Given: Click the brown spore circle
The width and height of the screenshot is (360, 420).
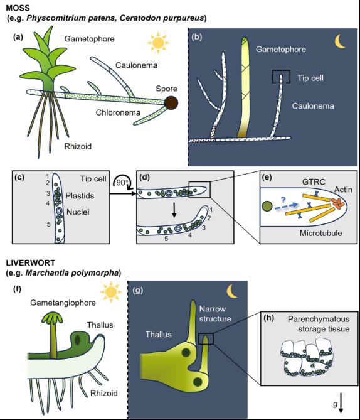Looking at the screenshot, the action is (171, 103).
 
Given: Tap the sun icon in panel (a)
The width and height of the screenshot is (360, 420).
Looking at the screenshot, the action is (158, 42).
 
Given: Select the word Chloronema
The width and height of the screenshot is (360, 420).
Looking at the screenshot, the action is (118, 112).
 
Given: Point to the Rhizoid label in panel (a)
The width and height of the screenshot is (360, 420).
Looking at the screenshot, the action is (78, 146).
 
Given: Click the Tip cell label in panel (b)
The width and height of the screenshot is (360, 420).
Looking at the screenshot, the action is (310, 78).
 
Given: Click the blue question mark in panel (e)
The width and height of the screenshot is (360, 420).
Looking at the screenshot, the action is (283, 200).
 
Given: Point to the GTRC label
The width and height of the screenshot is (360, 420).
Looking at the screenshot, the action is (314, 182).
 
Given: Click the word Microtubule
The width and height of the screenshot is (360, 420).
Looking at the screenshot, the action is (320, 233).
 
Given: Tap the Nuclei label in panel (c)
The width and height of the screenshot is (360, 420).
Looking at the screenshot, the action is (78, 212).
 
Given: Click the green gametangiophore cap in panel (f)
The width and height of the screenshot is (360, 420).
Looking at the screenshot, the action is (52, 318).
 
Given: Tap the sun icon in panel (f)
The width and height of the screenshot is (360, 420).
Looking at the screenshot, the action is (111, 292).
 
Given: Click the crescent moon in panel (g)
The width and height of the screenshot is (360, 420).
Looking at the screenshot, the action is (232, 291).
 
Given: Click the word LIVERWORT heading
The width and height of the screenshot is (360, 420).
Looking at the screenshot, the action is (27, 262).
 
